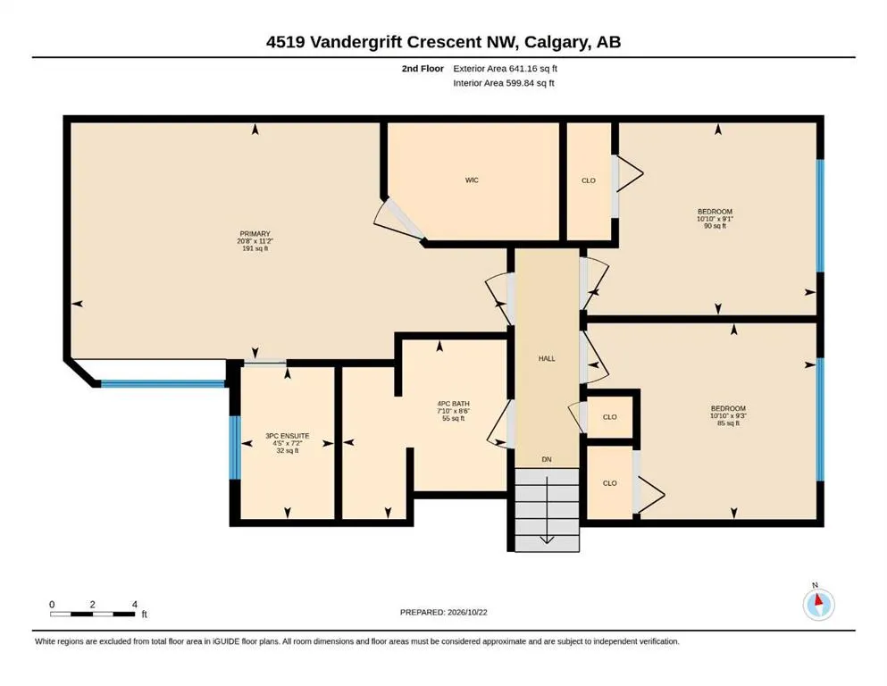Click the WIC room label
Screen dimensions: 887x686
[x=472, y=180]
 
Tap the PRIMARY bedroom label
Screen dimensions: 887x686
[x=255, y=233]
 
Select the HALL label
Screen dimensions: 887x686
[x=547, y=358]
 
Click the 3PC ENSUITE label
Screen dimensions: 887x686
[x=288, y=436]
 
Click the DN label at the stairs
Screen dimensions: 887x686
[x=547, y=459]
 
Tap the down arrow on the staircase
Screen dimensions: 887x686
[x=547, y=510]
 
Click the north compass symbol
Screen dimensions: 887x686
[x=818, y=604]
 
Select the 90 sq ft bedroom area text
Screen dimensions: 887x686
[x=715, y=226]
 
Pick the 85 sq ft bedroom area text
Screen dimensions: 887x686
[x=728, y=422]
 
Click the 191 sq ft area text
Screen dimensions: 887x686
[x=255, y=248]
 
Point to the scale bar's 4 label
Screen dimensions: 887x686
[x=135, y=605]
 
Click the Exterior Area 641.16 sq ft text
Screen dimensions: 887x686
[x=506, y=69]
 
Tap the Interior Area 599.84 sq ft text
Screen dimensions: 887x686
[x=504, y=83]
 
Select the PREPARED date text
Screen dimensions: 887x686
[x=443, y=612]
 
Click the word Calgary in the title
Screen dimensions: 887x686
[x=557, y=42]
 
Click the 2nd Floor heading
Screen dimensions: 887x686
[x=423, y=69]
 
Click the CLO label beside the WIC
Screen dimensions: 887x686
[x=589, y=180]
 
